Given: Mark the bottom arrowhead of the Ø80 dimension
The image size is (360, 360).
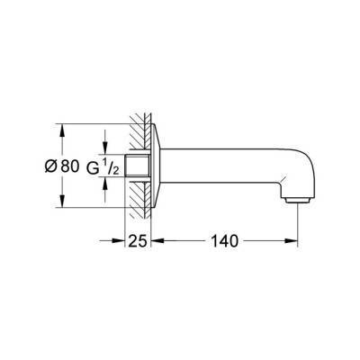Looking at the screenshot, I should tap(60, 205).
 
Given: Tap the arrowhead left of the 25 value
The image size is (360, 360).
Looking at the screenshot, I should tap(119, 241).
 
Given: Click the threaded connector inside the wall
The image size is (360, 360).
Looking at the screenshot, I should tap(137, 166).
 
